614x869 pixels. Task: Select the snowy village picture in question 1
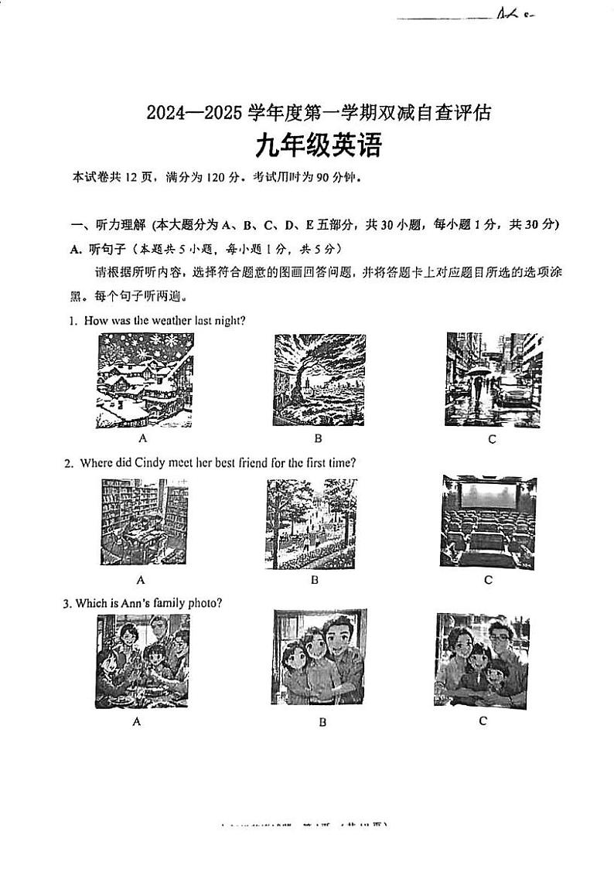coord(145,380)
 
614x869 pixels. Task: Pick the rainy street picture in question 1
coord(493,379)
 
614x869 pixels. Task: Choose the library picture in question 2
coord(144,521)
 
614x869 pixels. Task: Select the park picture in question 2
coord(312,524)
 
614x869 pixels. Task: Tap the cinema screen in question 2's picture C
coord(488,493)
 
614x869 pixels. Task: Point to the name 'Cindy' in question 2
coord(148,462)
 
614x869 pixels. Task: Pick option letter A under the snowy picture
coord(142,438)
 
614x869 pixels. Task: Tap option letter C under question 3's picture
coord(483,720)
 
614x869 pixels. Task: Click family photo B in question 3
coord(319,657)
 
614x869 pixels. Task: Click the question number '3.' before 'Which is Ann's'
coord(68,603)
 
